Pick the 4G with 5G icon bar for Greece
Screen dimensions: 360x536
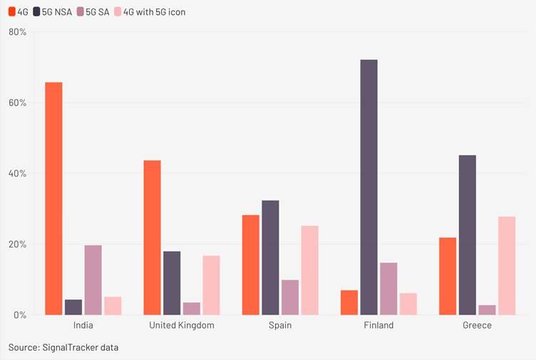click(507, 265)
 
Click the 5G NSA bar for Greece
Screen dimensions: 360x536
click(468, 235)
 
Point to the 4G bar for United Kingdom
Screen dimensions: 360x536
click(153, 237)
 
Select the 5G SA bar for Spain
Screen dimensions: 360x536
click(290, 297)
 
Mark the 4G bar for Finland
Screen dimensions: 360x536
click(349, 302)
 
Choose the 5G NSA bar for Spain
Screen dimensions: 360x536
click(270, 257)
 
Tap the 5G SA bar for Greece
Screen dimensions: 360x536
click(487, 309)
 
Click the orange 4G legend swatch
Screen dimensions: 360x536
click(12, 12)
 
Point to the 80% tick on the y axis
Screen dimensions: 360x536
click(17, 32)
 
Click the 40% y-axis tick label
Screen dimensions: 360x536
click(17, 173)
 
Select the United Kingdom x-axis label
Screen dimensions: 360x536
click(182, 325)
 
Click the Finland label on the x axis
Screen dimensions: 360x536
click(378, 325)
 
